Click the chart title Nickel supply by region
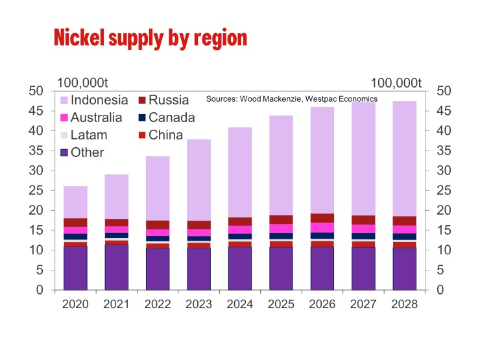click(150, 37)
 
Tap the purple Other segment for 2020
click(75, 268)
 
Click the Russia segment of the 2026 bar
click(322, 218)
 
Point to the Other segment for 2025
click(281, 268)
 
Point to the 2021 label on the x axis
click(116, 304)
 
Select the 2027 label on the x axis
click(363, 304)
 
